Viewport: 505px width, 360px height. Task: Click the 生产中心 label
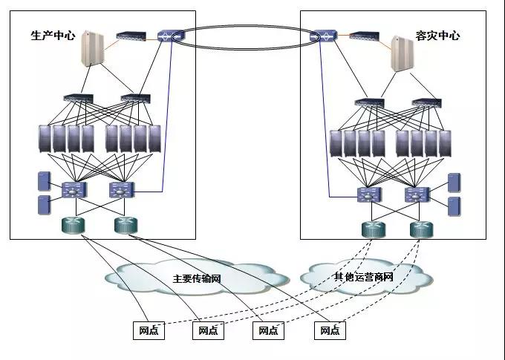click(x=53, y=35)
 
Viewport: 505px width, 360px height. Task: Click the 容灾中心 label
click(x=438, y=35)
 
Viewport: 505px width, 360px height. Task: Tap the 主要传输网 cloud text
click(x=198, y=279)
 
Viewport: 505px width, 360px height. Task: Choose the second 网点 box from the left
click(x=209, y=330)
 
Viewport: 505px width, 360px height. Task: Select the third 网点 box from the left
click(x=268, y=330)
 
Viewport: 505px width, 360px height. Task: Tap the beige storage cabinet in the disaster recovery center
click(x=403, y=52)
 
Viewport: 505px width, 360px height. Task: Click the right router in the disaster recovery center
click(x=421, y=229)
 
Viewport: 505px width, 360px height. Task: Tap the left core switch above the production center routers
click(x=76, y=189)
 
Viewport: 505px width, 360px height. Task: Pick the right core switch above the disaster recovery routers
click(x=418, y=194)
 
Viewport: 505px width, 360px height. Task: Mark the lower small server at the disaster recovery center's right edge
click(x=454, y=206)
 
